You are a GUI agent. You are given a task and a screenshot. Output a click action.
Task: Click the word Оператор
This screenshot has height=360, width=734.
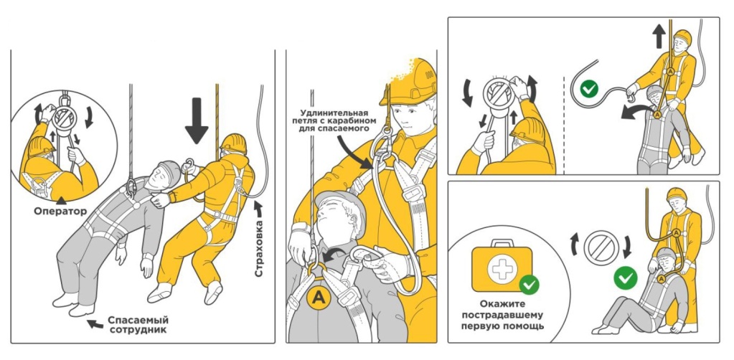coord(60,211)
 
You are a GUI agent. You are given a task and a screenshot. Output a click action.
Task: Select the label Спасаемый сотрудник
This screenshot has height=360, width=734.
coord(138,324)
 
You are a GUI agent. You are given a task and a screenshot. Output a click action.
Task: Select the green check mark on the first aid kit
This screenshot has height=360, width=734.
coord(529,285)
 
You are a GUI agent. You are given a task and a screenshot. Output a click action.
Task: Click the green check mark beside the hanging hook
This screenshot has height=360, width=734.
coord(589,88)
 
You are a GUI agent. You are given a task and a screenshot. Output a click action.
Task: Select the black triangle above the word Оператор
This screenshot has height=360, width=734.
coord(61,199)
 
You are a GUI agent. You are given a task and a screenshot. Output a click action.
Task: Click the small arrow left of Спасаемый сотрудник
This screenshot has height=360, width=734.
coord(95,323)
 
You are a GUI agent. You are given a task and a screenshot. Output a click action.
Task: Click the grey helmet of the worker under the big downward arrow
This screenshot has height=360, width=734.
coord(169,172)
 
